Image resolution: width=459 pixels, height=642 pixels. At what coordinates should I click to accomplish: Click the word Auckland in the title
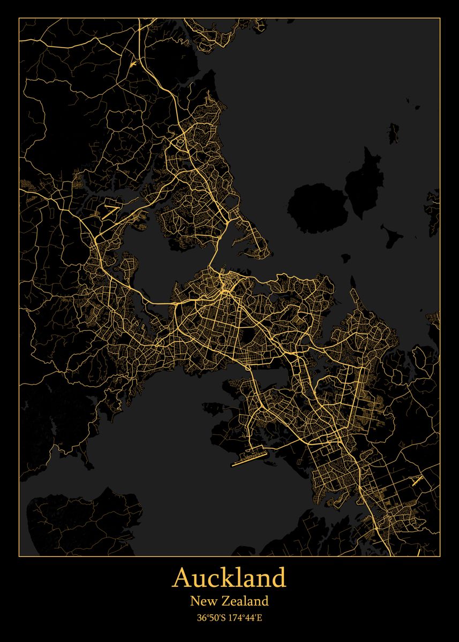pyautogui.click(x=229, y=578)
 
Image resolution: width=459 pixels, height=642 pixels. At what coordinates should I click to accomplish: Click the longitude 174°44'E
pyautogui.click(x=246, y=618)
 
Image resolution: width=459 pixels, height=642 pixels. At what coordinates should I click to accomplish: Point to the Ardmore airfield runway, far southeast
pyautogui.click(x=417, y=480)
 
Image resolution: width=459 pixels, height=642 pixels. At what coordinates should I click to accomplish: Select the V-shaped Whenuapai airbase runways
pyautogui.click(x=110, y=210)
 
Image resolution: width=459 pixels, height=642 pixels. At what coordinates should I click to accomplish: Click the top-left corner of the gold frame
pyautogui.click(x=19, y=18)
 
